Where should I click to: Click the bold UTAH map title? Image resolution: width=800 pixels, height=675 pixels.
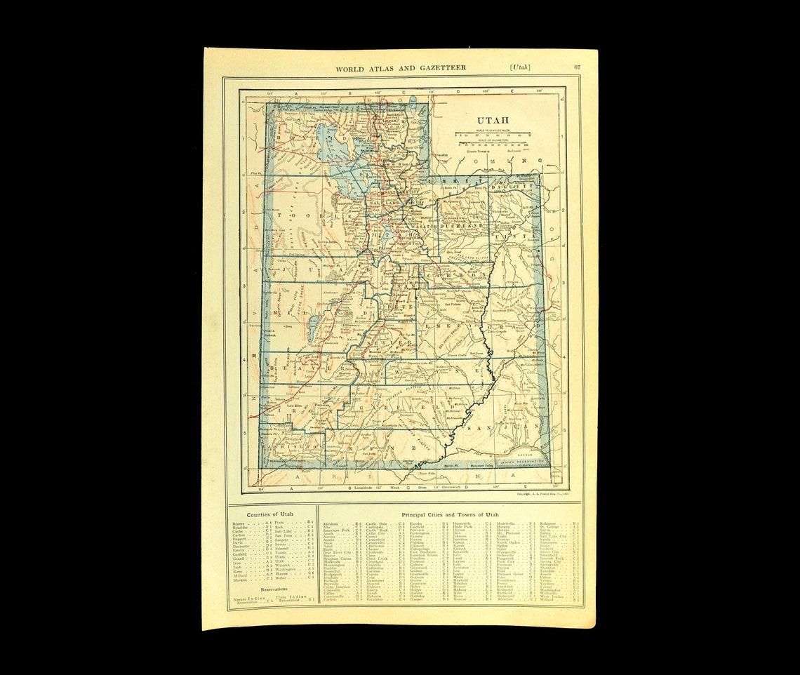pos(493,119)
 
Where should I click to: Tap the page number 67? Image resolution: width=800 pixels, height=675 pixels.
pos(577,67)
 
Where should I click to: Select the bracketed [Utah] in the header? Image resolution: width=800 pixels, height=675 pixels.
pos(520,67)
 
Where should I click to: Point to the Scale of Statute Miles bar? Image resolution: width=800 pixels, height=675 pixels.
pos(493,133)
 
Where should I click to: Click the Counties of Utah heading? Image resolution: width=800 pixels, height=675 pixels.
pos(271,514)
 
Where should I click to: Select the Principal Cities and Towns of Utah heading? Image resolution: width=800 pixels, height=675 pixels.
pos(451,514)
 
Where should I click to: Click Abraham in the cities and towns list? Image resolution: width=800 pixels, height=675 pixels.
pos(331,523)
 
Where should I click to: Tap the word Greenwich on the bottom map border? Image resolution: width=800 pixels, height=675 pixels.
pos(441,486)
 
